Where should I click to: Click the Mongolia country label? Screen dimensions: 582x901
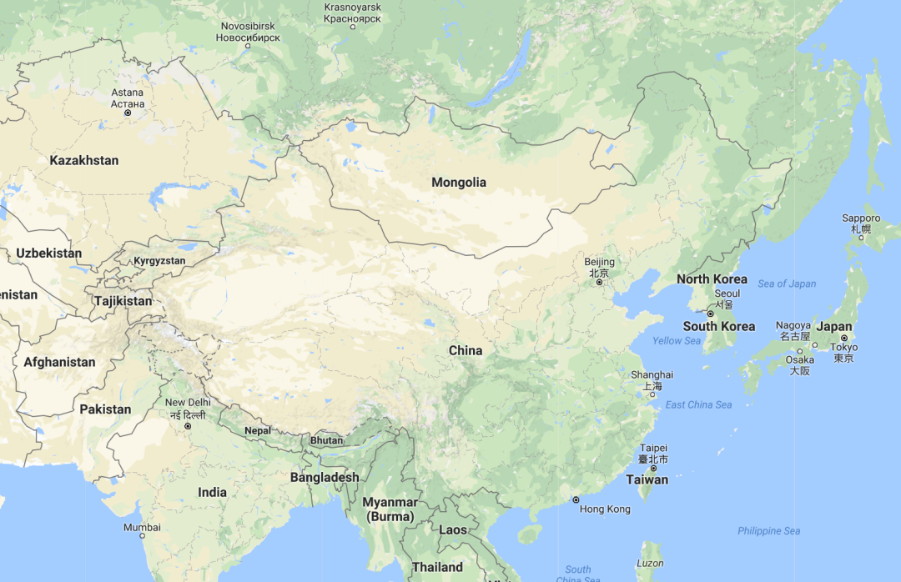[x=459, y=183]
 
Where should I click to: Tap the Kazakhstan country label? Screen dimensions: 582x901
[x=84, y=160]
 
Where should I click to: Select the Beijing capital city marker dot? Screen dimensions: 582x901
[x=599, y=283]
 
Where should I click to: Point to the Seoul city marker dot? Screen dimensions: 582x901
[x=711, y=314]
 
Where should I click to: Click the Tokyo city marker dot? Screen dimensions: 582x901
[x=843, y=338]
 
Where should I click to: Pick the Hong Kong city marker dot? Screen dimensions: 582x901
[x=576, y=499]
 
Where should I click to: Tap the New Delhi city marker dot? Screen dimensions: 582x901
[x=188, y=426]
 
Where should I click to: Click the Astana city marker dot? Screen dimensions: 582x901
[x=128, y=113]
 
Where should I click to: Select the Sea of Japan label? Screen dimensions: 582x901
[x=787, y=283]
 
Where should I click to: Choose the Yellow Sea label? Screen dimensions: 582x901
[x=677, y=341]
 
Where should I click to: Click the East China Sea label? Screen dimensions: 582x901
[x=698, y=405]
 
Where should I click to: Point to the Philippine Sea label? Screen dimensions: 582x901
[x=768, y=531]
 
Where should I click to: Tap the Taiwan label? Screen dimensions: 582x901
[x=647, y=479]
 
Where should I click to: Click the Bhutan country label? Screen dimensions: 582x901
[x=326, y=440]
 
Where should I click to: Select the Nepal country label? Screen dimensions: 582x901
[x=258, y=430]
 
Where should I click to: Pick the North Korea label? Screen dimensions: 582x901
[x=712, y=279]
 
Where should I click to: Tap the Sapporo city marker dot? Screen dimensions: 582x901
[x=861, y=238]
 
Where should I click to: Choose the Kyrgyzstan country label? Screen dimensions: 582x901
[x=159, y=261]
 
